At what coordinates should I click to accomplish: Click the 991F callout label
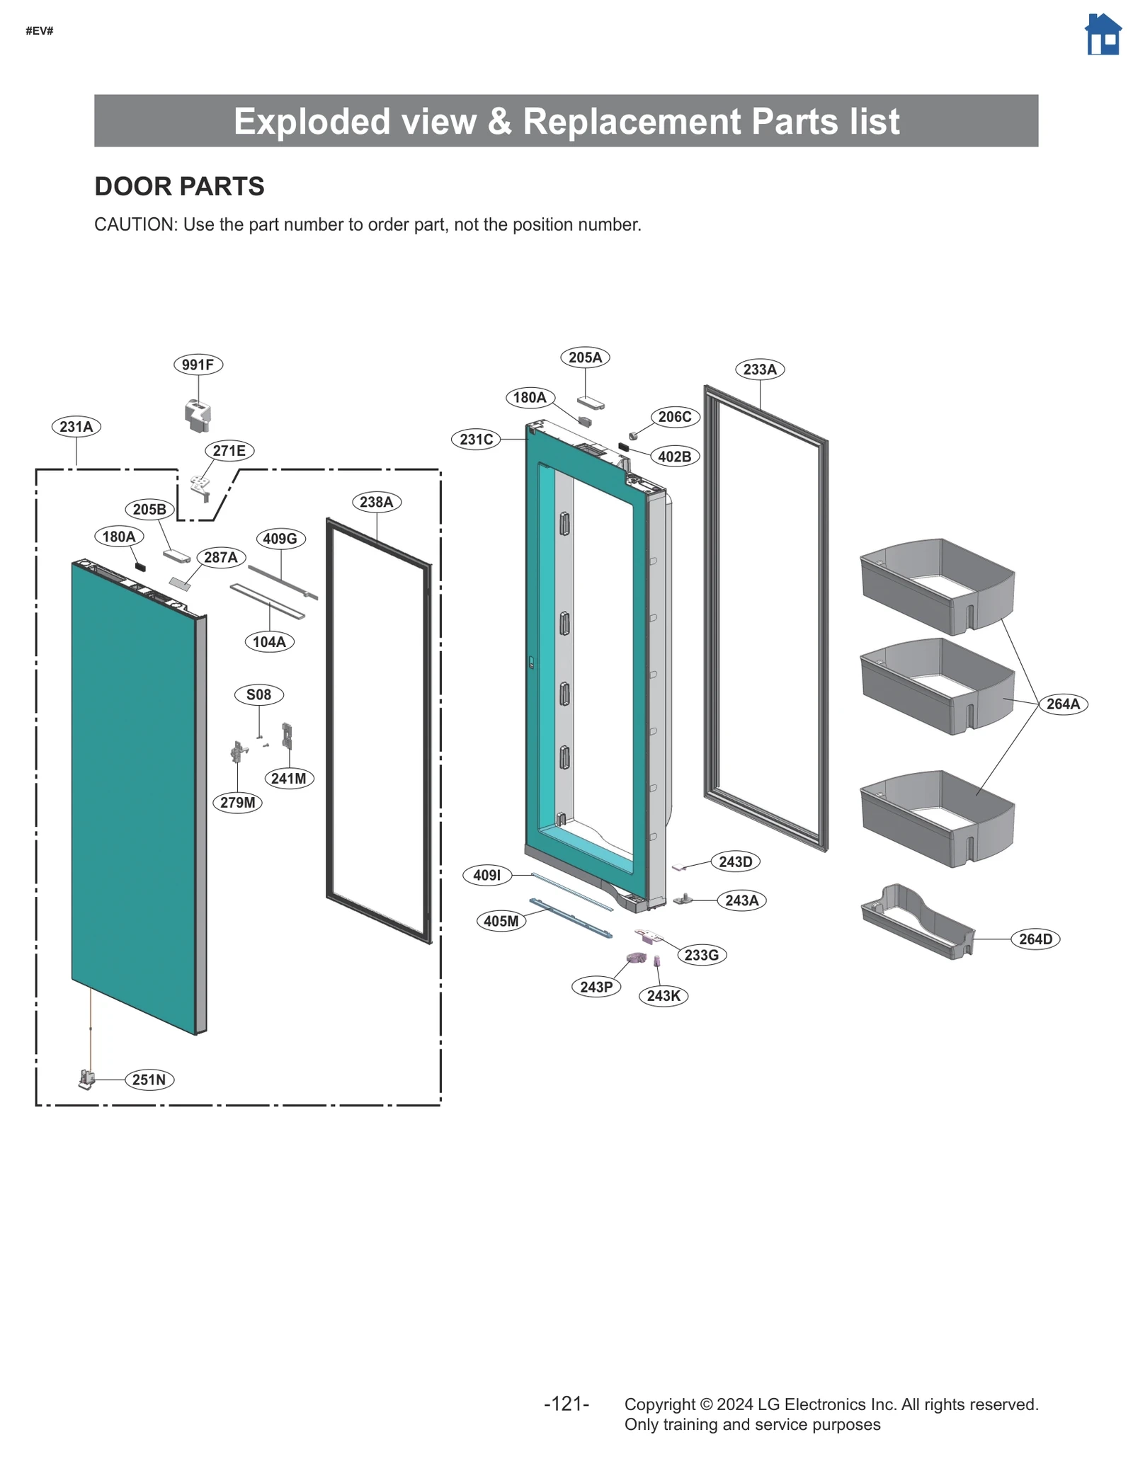[x=198, y=365]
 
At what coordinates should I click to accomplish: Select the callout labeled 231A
[x=76, y=427]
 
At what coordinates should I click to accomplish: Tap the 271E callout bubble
[x=229, y=451]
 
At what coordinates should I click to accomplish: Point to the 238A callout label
[x=376, y=502]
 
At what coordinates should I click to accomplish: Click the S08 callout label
[x=258, y=694]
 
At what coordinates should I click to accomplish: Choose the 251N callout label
[x=149, y=1080]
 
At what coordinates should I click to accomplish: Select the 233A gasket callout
[x=760, y=369]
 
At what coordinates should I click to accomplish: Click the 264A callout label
[x=1062, y=704]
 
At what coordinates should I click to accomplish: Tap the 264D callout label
[x=1035, y=939]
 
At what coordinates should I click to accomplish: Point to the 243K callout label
[x=663, y=996]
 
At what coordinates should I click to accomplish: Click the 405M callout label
[x=501, y=921]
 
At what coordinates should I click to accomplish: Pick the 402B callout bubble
[x=674, y=457]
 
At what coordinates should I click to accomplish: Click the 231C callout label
[x=476, y=440]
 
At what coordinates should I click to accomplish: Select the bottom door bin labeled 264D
[x=917, y=922]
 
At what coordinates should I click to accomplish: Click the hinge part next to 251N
[x=86, y=1079]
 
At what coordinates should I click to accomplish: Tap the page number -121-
[x=566, y=1404]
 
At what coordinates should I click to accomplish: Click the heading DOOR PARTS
[x=179, y=186]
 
